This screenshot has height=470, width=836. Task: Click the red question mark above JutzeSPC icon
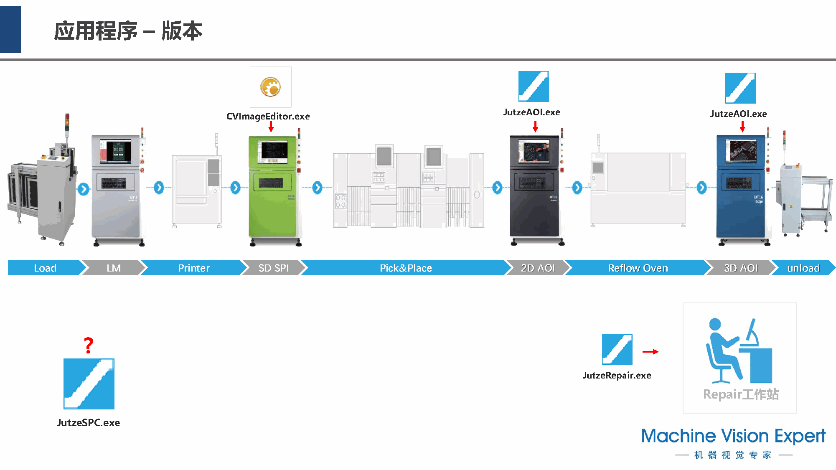(x=88, y=346)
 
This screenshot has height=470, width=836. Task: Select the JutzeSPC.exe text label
(x=88, y=423)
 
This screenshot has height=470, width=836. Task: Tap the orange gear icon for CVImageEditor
(x=270, y=87)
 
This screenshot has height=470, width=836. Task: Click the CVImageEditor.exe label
(x=268, y=117)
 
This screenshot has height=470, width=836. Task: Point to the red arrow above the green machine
(x=271, y=127)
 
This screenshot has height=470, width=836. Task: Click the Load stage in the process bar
(x=45, y=268)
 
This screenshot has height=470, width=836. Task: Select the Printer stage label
(x=193, y=268)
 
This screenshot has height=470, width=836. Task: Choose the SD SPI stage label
(x=273, y=268)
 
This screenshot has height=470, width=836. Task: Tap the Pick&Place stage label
(x=405, y=268)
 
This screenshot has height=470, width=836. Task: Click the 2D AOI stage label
(x=538, y=268)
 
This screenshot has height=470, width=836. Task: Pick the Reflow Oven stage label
(x=638, y=268)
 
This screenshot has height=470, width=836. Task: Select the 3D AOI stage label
(x=740, y=268)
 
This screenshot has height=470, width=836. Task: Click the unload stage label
(x=803, y=268)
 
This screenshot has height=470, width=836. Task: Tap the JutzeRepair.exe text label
(x=617, y=376)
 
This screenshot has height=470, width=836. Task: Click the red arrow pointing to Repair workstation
(x=650, y=352)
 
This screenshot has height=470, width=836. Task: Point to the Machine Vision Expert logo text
(x=733, y=436)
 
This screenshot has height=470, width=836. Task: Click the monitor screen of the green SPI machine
(x=273, y=151)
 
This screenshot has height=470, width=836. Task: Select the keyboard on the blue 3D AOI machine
(x=739, y=183)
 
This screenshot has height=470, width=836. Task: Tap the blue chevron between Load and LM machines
(x=84, y=189)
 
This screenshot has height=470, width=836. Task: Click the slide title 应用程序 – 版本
(x=128, y=31)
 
